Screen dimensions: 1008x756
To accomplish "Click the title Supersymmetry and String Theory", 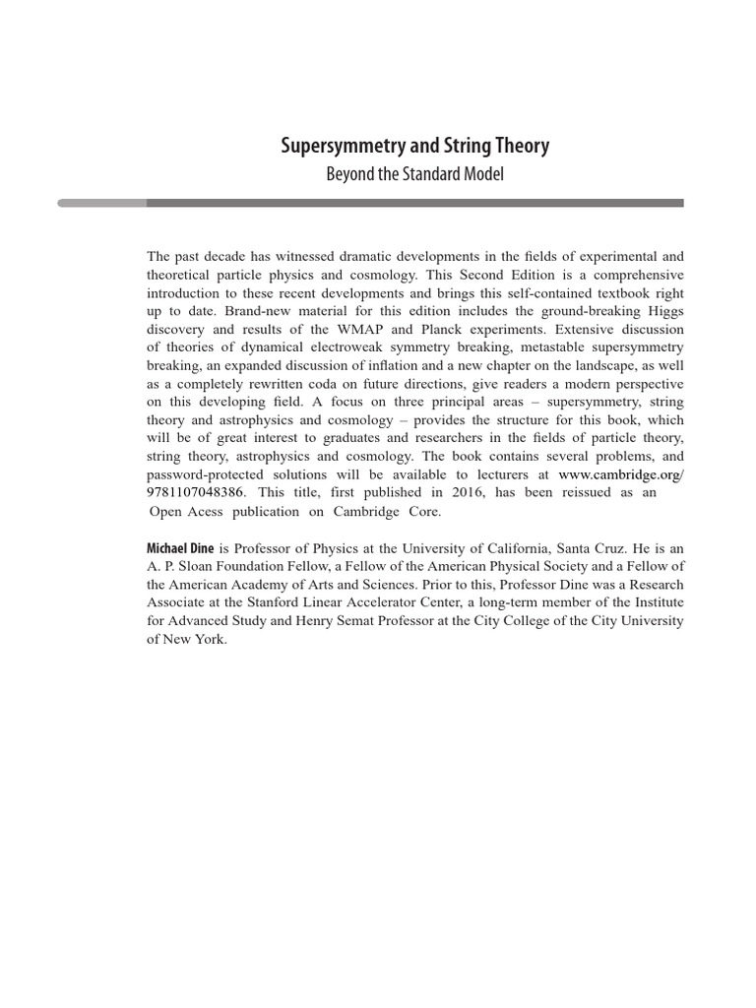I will pyautogui.click(x=414, y=147).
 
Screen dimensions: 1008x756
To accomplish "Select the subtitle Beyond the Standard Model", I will pyautogui.click(x=414, y=175).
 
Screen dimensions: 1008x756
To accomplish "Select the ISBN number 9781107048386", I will pyautogui.click(x=195, y=492).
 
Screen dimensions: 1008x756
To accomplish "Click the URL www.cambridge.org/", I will pyautogui.click(x=620, y=473).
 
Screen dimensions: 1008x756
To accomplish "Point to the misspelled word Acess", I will pyautogui.click(x=220, y=512).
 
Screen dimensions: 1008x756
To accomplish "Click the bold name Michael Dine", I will pyautogui.click(x=180, y=547).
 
